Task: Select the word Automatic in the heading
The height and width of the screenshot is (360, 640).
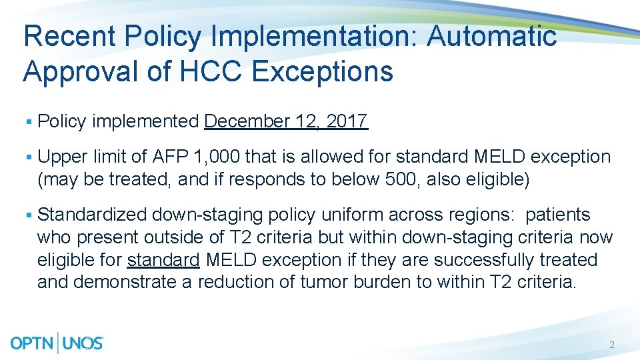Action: point(492,36)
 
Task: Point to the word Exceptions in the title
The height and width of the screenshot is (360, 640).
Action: point(323,71)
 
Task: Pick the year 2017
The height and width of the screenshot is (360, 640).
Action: point(347,121)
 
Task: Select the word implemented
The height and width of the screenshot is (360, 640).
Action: point(145,121)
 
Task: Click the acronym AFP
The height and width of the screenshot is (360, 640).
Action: point(171,157)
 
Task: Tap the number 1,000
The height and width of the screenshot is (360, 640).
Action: point(217,157)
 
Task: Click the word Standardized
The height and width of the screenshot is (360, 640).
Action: point(93,215)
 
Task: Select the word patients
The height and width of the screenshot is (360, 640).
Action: point(557,215)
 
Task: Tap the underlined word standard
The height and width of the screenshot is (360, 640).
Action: point(163,260)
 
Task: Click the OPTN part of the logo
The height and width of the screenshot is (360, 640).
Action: point(33,343)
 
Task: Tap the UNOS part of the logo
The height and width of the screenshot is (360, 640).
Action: point(83,343)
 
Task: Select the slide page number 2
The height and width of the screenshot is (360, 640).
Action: point(611,345)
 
